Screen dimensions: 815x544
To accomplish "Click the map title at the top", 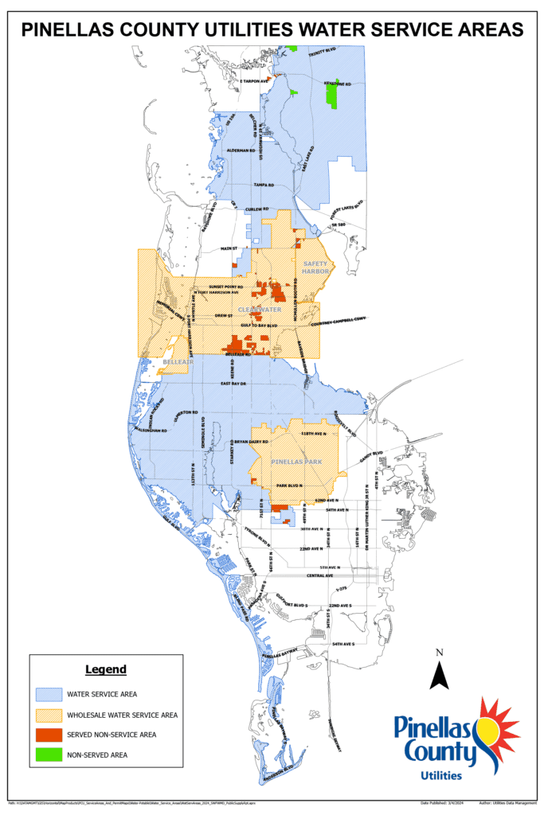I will tap(272, 29).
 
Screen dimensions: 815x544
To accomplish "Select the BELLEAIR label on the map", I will tap(174, 362).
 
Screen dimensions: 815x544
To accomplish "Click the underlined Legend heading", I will tap(105, 669).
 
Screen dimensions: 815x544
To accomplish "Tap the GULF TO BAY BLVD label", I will tap(258, 326).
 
